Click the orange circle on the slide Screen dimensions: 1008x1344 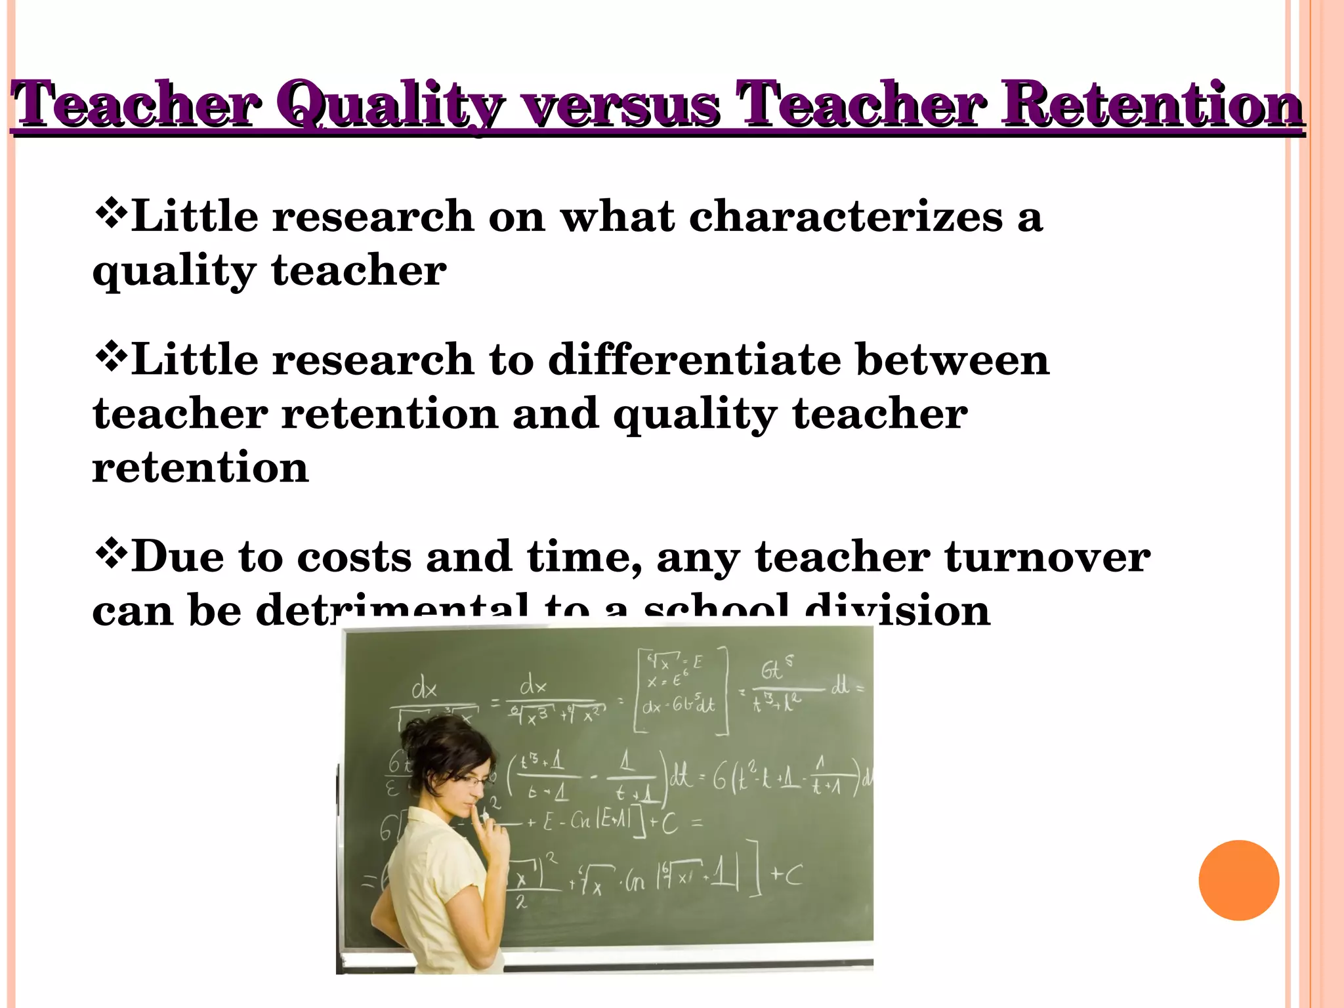pyautogui.click(x=1238, y=880)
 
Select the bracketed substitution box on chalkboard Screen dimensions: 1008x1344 pyautogui.click(x=682, y=689)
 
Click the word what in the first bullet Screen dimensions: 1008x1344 pyautogui.click(x=617, y=217)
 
